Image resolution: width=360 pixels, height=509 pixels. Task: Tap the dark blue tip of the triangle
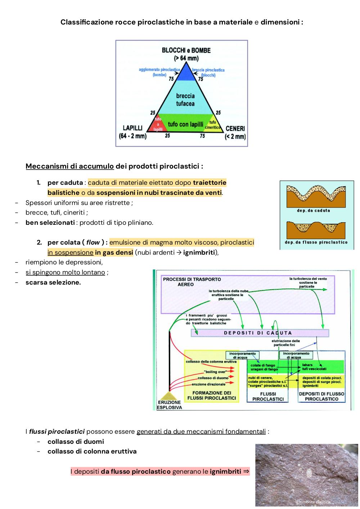tap(186, 73)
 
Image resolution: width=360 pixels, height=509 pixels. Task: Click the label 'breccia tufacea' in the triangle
tap(185, 99)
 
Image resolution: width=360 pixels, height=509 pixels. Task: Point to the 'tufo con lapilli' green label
tap(185, 124)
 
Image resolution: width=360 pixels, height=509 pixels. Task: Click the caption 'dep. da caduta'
tap(314, 210)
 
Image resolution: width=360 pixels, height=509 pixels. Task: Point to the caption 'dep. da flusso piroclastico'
tap(316, 242)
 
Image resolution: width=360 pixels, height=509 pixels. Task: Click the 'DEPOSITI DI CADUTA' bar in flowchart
tap(260, 333)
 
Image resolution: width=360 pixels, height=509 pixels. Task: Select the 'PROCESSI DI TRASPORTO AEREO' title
tap(192, 282)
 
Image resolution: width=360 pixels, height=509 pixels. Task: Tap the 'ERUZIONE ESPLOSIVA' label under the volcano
tap(170, 405)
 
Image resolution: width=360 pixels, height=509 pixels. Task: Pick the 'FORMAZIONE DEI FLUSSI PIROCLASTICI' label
tap(211, 396)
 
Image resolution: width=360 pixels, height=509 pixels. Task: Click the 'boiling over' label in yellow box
tap(215, 372)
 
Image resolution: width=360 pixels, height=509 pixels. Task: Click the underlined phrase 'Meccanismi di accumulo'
tap(69, 166)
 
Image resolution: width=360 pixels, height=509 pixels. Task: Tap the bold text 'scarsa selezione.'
tap(53, 282)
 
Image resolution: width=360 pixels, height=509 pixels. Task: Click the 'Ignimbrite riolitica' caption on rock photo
tap(313, 502)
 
